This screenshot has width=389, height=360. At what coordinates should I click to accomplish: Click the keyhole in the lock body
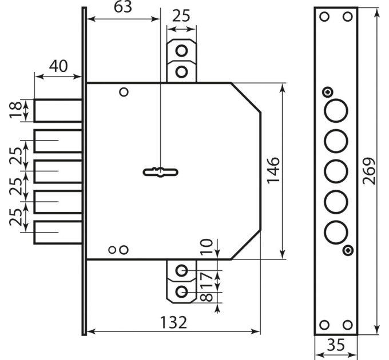coord(161,172)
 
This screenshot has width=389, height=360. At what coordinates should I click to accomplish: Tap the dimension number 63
coord(123,7)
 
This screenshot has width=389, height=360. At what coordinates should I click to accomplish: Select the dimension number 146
coord(273,170)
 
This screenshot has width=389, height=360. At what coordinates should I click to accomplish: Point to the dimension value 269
coord(368,171)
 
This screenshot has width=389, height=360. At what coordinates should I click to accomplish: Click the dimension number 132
coord(173,322)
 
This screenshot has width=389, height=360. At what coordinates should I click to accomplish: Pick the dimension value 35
coord(336,345)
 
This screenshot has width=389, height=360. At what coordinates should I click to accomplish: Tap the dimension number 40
coord(58,66)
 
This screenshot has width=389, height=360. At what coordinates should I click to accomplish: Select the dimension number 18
coord(16,110)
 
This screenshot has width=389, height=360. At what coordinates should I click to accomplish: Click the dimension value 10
coord(207,247)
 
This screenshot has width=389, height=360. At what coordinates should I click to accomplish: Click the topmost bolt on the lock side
coord(58,110)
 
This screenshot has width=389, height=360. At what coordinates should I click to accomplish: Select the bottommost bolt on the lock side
coord(58,233)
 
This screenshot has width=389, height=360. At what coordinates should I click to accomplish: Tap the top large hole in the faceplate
coord(336,110)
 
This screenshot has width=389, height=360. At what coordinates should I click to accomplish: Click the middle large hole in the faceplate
coord(336,171)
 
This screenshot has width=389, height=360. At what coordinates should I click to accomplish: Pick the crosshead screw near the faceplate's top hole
coord(327,92)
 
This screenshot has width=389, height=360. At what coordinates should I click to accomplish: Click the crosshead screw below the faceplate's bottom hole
coord(348,250)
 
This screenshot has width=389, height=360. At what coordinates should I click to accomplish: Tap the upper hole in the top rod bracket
coord(181,51)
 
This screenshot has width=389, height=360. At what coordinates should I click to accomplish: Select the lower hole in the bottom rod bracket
coord(181,291)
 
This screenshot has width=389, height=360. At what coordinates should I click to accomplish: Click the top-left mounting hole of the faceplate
coord(324,17)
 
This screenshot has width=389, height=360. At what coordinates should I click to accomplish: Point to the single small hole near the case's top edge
coord(124,92)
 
